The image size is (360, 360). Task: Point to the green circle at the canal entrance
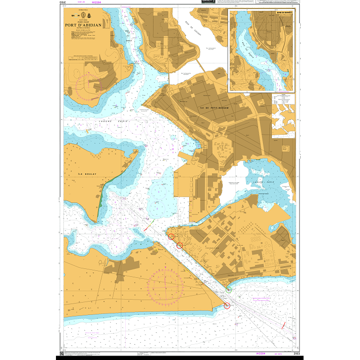pyautogui.click(x=228, y=289)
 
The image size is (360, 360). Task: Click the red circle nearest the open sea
pyautogui.click(x=227, y=306)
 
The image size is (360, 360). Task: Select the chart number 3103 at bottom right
pyautogui.click(x=296, y=354)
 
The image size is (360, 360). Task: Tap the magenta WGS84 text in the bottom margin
pyautogui.click(x=261, y=354)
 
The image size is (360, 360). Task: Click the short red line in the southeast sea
pyautogui.click(x=283, y=325)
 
